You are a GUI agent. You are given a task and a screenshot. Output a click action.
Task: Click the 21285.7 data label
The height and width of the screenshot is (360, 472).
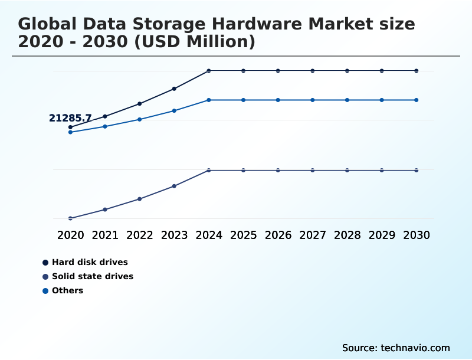(70, 118)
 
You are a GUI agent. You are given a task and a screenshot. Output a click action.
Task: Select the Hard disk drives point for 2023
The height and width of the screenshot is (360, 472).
(174, 89)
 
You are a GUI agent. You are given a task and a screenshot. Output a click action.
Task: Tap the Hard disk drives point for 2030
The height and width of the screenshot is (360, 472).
(416, 71)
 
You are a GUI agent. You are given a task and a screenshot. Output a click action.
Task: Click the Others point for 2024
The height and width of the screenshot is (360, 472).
(209, 100)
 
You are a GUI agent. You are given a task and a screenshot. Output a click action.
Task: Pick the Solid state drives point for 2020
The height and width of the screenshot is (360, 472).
(70, 218)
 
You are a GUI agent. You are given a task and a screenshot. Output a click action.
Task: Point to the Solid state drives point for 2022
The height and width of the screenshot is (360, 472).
(140, 199)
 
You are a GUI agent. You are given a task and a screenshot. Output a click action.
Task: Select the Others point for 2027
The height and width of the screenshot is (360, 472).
(313, 100)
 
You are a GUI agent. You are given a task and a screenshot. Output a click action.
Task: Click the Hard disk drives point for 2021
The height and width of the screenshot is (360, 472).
(105, 116)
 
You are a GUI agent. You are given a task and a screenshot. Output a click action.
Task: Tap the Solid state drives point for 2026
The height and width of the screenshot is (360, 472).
(278, 170)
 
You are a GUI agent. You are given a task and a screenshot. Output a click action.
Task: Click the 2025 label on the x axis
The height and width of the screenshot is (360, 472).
(243, 235)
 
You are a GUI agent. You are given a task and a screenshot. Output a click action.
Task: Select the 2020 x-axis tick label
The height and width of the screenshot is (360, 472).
(70, 235)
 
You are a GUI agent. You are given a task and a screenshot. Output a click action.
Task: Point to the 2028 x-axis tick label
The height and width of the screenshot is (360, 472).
(347, 235)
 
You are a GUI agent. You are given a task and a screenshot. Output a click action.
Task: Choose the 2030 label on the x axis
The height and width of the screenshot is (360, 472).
(416, 235)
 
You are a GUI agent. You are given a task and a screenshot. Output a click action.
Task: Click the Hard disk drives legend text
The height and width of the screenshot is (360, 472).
(90, 262)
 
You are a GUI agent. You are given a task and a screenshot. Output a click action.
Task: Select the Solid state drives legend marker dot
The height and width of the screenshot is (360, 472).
(45, 276)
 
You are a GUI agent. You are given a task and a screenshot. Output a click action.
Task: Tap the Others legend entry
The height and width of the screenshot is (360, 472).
(67, 290)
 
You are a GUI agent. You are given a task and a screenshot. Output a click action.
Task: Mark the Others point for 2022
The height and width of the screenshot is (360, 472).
(140, 119)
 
